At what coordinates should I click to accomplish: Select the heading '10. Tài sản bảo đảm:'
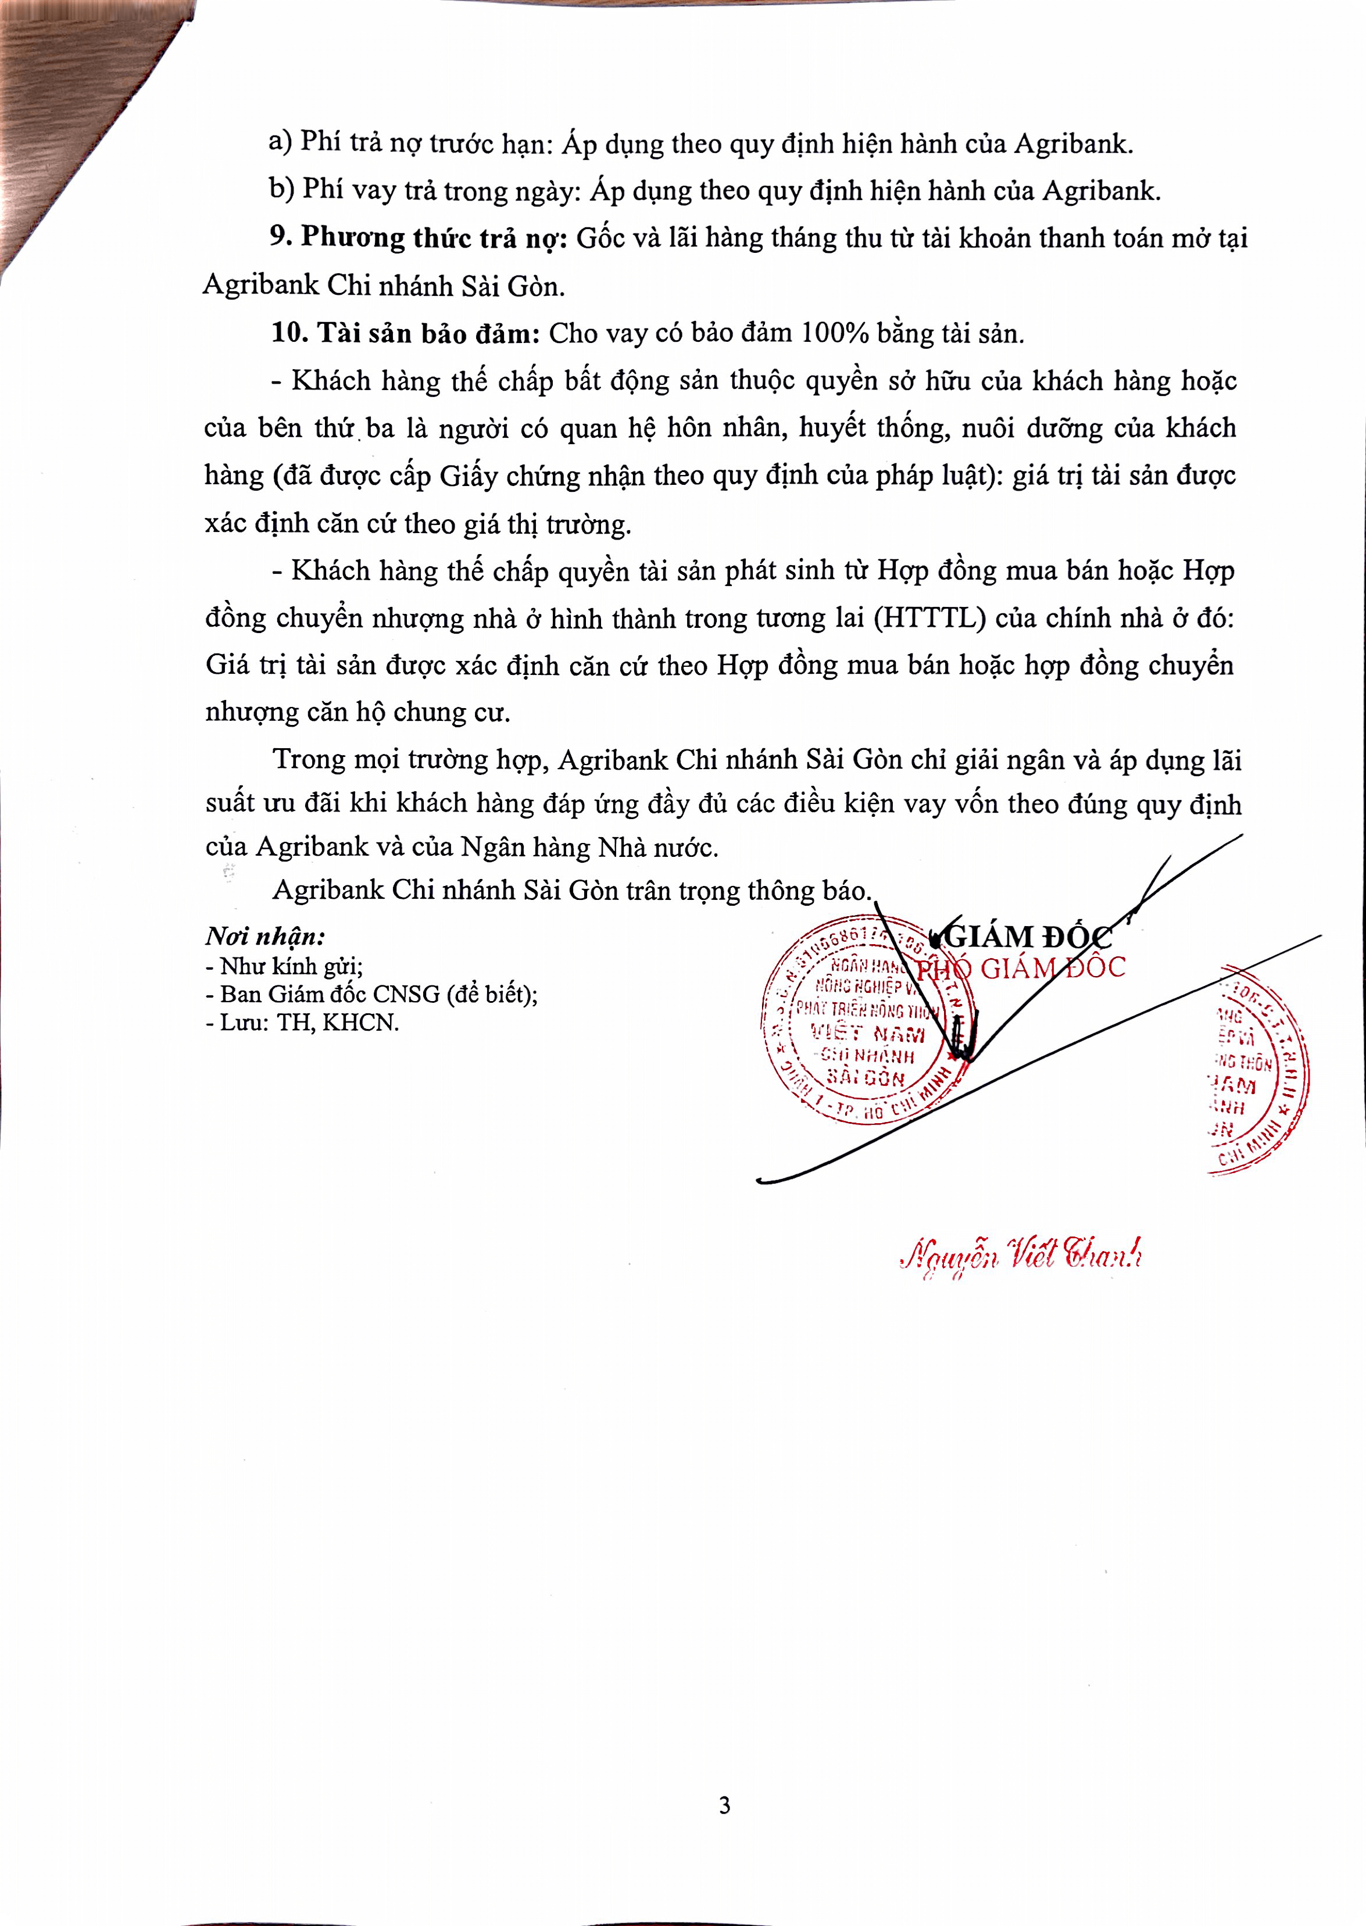[405, 333]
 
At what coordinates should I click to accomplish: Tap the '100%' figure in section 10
[834, 333]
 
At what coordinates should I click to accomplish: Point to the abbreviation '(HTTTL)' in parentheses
[929, 618]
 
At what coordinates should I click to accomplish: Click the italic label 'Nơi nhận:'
[265, 936]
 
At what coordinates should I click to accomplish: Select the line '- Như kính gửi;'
[284, 966]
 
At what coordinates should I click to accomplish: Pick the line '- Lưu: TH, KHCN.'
[302, 1023]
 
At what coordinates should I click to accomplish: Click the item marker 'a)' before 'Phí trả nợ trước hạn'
[280, 141]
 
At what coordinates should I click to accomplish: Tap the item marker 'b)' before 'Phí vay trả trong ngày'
[282, 190]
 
